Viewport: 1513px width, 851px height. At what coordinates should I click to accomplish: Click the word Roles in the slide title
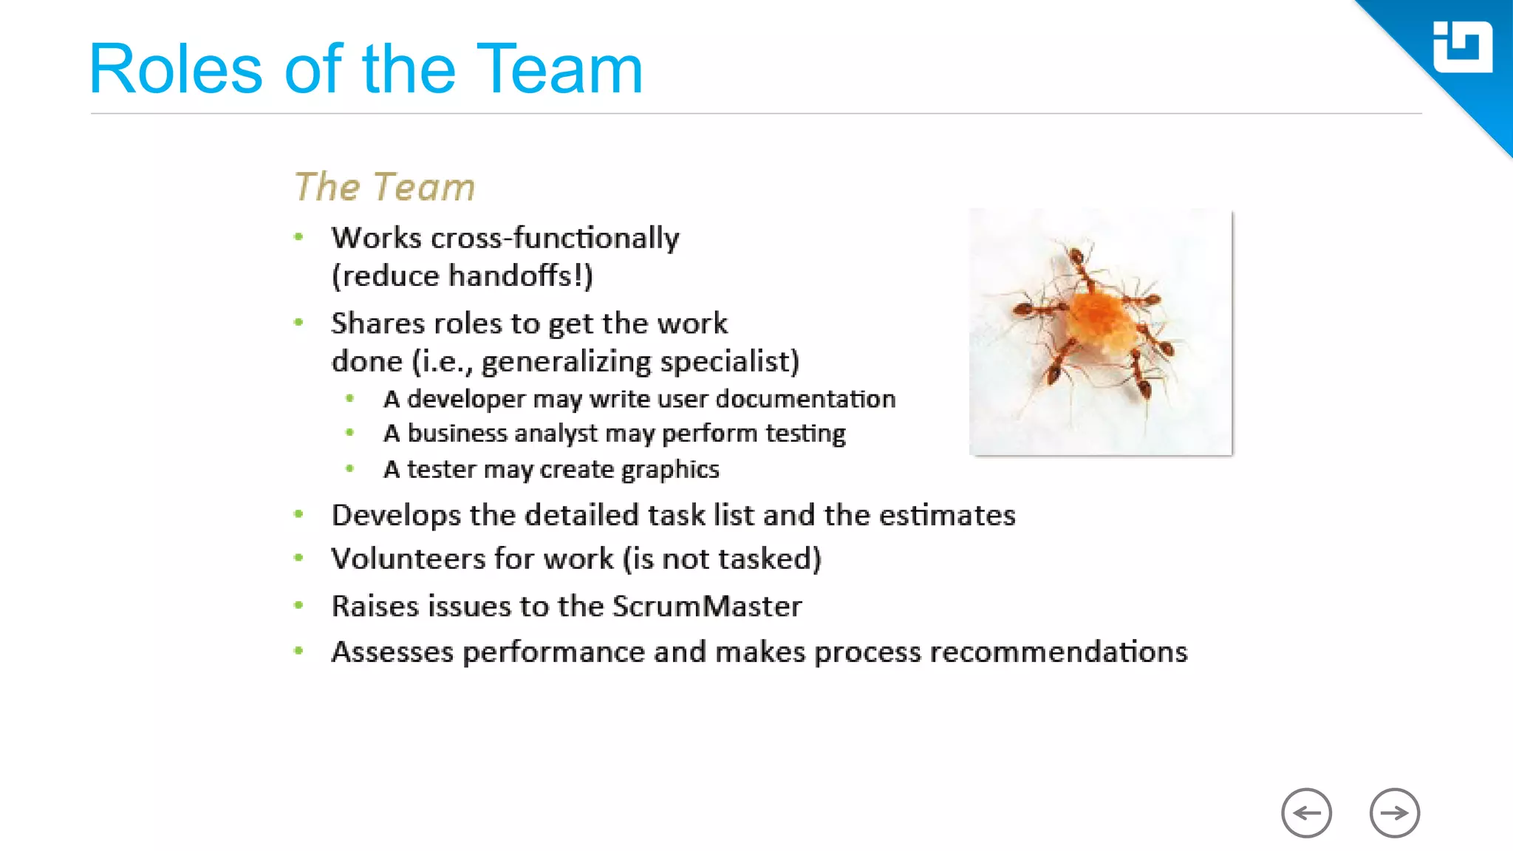pos(176,69)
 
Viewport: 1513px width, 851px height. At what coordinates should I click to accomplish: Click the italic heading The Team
pos(384,187)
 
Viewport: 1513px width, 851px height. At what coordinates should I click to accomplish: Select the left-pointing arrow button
pos(1306,813)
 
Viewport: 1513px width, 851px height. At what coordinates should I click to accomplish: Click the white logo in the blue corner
pos(1462,47)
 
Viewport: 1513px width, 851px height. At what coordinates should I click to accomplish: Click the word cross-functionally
pos(555,238)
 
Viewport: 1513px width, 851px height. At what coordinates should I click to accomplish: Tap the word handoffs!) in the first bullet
pos(521,276)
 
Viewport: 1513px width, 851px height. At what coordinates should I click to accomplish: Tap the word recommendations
pos(1058,652)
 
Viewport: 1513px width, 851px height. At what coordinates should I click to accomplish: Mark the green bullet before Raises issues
pos(298,605)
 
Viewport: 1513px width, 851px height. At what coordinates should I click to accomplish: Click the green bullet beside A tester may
pos(350,468)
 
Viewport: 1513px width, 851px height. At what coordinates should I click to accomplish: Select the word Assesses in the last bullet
pos(392,652)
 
